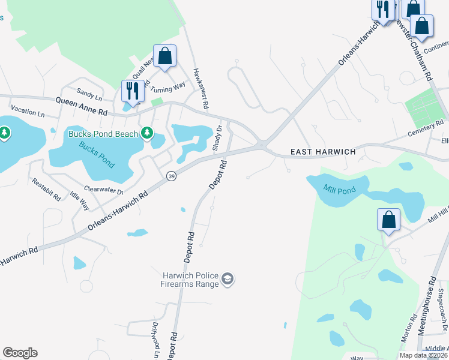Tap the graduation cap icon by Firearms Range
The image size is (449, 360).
point(228,279)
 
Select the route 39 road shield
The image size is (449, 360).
point(171,175)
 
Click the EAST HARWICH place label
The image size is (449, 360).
point(323,152)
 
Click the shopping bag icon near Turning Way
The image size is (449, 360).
point(164,56)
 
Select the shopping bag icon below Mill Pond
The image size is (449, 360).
point(388,220)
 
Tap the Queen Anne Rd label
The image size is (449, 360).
point(82,107)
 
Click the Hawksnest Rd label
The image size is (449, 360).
point(200,88)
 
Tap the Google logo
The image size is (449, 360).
point(20,353)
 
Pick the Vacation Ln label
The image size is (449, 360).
point(28,112)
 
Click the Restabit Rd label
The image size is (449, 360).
point(46,189)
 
